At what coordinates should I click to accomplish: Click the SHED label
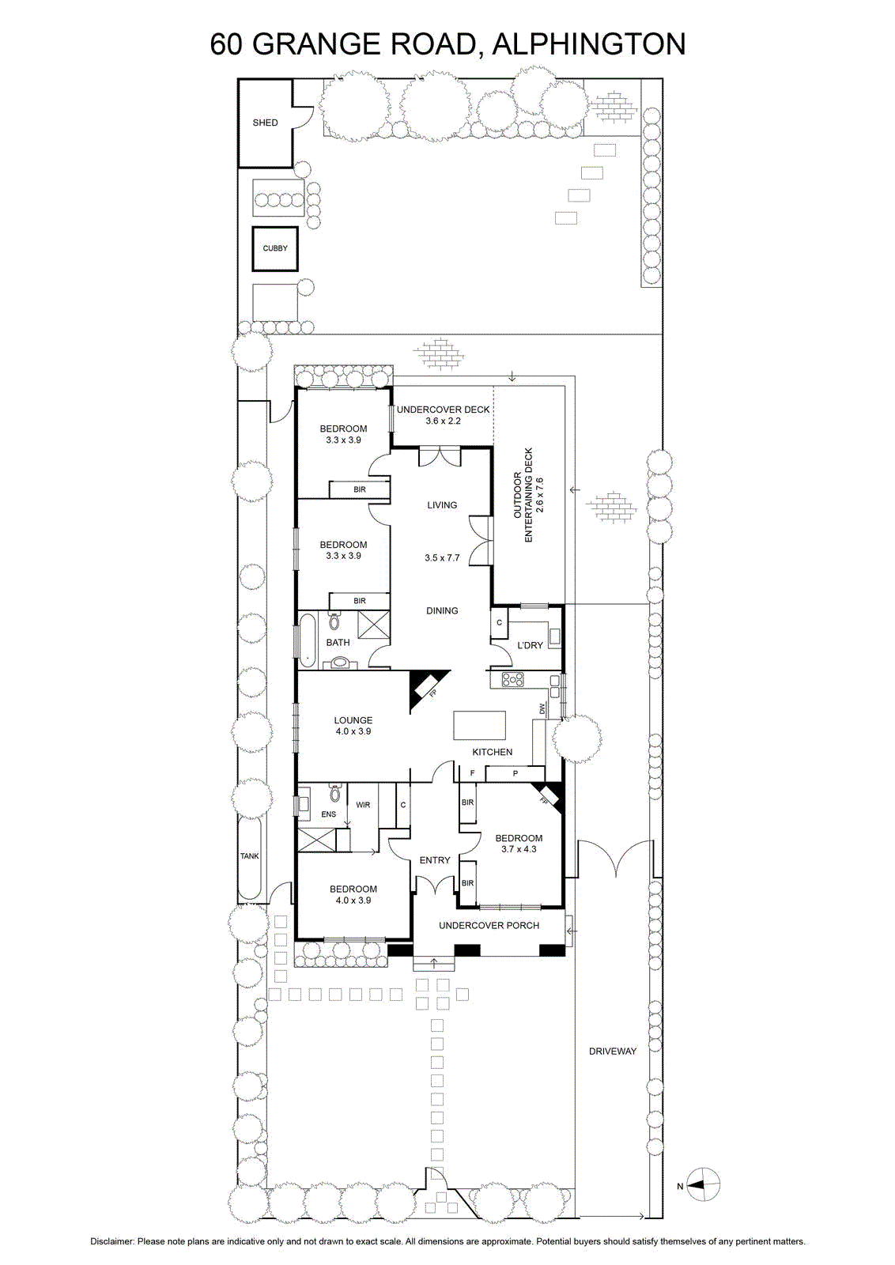pos(265,123)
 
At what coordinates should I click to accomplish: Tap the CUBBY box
pos(275,248)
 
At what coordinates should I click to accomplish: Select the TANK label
pos(249,856)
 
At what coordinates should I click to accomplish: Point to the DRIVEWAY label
pos(612,1052)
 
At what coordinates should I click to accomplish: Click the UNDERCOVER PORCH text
pos(489,926)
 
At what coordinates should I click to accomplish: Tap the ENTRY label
pos(435,860)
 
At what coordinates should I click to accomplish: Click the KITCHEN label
pos(493,752)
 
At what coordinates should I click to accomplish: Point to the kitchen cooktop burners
pos(513,679)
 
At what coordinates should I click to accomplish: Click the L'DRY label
pos(531,645)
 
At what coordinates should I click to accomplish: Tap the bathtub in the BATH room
pos(308,641)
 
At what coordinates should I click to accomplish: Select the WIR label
pos(363,805)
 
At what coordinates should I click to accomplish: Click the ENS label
pos(328,814)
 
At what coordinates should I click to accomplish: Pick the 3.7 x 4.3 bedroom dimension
pos(519,849)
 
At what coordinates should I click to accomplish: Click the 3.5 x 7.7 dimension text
pos(442,558)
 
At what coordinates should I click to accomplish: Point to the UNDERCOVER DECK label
pos(444,410)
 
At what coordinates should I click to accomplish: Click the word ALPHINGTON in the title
pos(589,44)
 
